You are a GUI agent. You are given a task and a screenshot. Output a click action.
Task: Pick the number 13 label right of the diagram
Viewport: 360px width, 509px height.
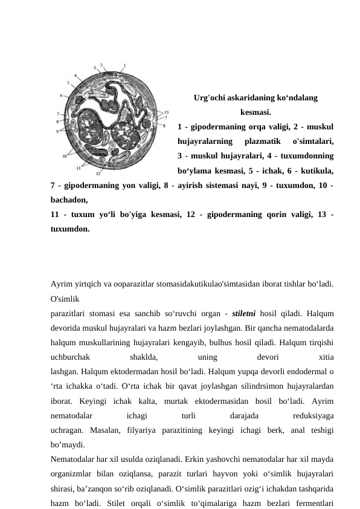(x=167, y=112)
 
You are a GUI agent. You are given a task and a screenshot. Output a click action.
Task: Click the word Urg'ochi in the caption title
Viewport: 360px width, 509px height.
(x=208, y=97)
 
